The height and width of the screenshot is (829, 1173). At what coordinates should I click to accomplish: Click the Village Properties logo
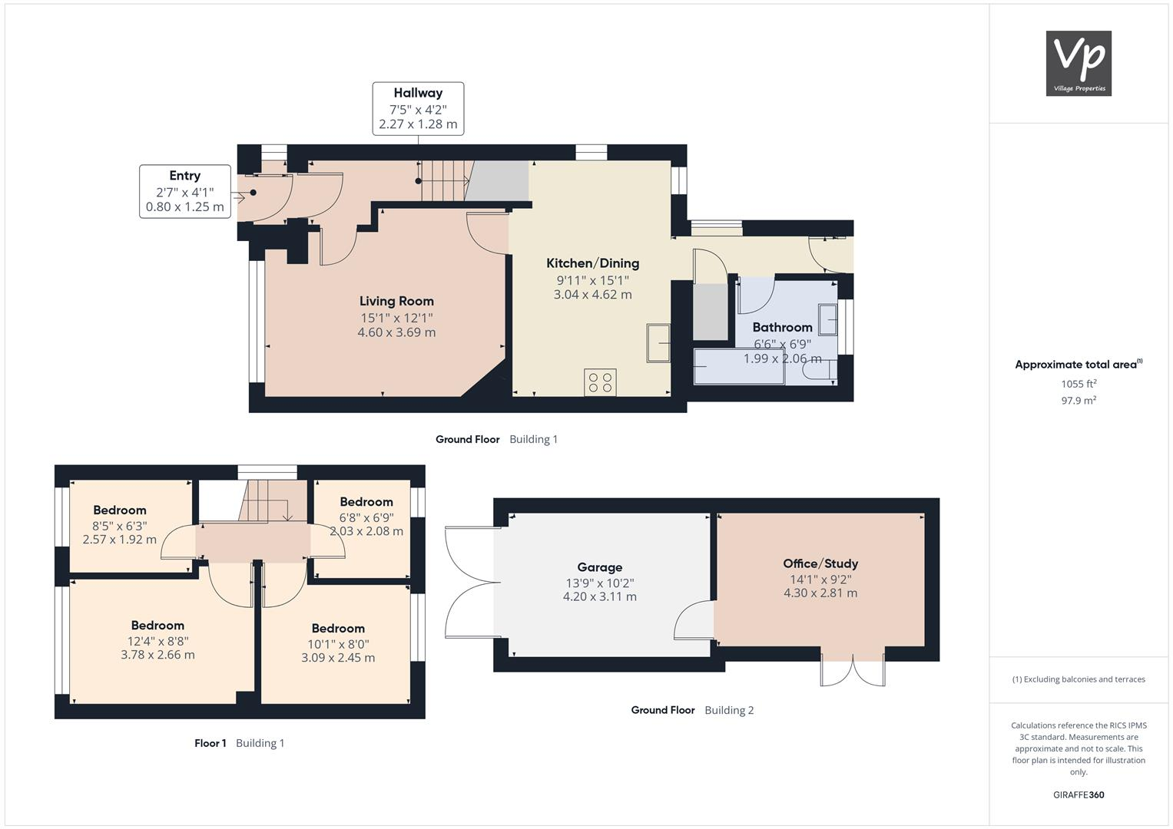coord(1079,63)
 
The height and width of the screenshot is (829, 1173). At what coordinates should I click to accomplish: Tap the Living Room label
coord(396,301)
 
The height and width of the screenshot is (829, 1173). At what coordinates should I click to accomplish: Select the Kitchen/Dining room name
coord(592,263)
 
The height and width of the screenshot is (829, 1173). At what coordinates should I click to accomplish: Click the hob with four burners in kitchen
coord(600,382)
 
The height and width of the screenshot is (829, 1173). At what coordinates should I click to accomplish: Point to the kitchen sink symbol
coord(658,342)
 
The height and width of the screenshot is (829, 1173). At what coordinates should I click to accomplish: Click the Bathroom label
coord(782,327)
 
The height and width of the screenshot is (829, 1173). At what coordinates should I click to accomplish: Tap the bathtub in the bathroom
coord(739,367)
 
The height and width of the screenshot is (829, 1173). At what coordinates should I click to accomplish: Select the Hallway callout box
coord(418,108)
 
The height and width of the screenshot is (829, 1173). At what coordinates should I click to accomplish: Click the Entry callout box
coord(185,191)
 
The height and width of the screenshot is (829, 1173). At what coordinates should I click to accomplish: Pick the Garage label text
coord(599,567)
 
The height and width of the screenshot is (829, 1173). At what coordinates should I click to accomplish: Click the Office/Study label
coord(820,563)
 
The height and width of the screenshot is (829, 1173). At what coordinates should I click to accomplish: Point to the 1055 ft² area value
coord(1079,384)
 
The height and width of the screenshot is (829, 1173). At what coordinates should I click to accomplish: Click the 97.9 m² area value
coord(1079,401)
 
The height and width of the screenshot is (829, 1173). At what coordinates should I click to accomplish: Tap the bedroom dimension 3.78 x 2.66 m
coord(157,655)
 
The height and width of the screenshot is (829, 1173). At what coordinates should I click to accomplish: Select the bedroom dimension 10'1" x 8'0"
coord(338,644)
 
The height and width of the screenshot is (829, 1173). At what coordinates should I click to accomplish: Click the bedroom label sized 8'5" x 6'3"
coord(120,510)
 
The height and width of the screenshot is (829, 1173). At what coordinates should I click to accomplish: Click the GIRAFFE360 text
coord(1079,794)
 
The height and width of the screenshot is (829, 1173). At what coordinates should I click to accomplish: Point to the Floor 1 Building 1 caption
coord(239,743)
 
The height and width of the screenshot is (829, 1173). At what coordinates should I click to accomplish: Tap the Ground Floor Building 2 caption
coord(692,710)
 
